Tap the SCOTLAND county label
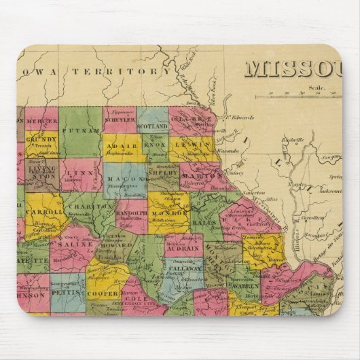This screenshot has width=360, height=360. [x=153, y=126]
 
